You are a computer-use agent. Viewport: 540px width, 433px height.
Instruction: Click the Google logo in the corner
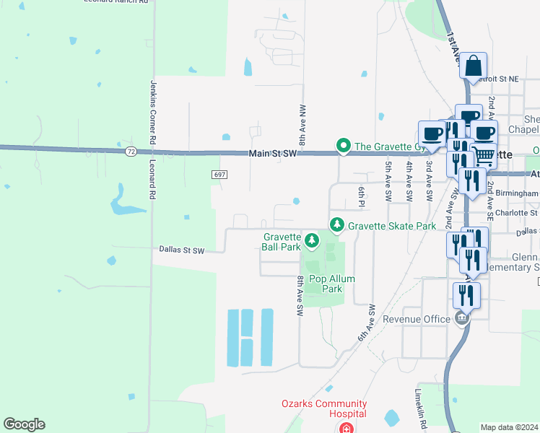click(24, 424)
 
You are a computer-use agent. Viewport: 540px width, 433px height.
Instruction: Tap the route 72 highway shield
click(130, 152)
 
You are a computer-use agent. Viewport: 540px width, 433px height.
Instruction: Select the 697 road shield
click(220, 175)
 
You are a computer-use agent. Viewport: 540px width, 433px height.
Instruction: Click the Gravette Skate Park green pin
click(336, 225)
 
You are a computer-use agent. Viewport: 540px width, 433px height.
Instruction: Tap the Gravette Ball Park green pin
click(312, 239)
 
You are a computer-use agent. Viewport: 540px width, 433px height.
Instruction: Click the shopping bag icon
click(473, 66)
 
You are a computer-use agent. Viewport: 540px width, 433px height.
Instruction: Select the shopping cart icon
click(484, 154)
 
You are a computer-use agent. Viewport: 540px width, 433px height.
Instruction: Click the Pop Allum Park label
click(325, 284)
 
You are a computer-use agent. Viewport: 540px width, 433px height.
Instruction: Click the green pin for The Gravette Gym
click(344, 146)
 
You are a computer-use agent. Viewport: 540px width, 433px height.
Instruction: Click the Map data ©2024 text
click(509, 427)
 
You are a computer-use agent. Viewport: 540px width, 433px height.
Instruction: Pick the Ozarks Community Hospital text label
click(324, 408)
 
